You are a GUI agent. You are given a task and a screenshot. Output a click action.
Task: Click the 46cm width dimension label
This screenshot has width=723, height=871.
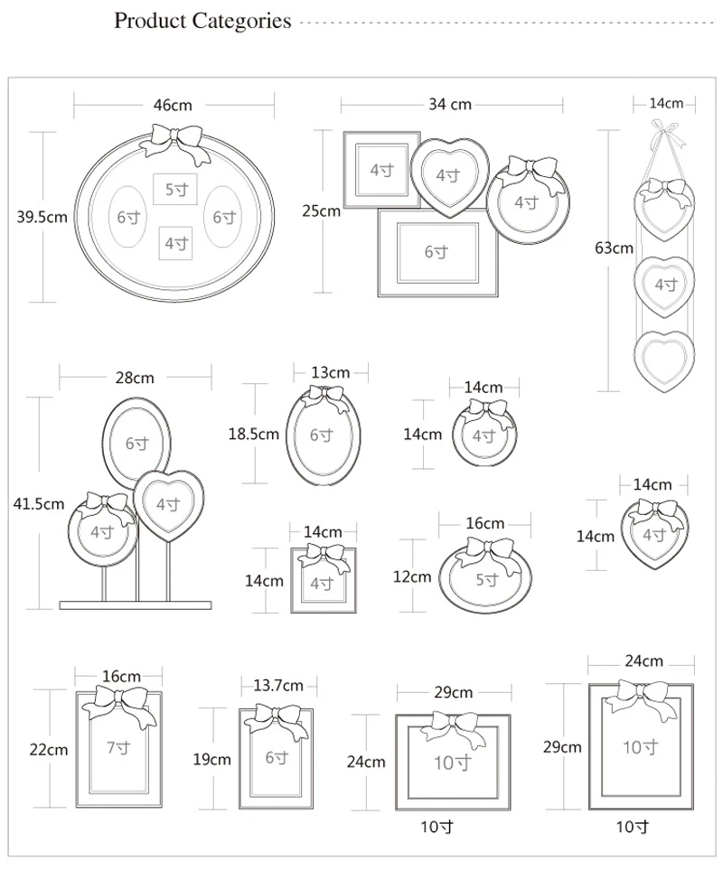click(173, 105)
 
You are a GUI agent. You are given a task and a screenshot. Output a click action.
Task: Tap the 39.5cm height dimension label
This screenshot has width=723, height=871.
click(42, 217)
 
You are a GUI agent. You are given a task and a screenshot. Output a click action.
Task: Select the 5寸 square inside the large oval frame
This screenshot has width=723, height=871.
click(175, 190)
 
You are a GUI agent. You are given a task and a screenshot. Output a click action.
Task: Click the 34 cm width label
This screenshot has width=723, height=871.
click(450, 104)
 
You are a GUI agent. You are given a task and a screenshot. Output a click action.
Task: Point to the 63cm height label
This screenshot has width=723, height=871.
click(614, 248)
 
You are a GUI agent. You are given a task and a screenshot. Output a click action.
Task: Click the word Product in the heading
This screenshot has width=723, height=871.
click(150, 21)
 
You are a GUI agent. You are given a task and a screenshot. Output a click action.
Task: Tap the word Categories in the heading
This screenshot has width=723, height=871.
click(241, 21)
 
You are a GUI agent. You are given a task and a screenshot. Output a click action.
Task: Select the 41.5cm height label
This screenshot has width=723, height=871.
click(39, 504)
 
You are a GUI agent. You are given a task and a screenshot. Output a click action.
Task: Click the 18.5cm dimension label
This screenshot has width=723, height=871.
click(254, 434)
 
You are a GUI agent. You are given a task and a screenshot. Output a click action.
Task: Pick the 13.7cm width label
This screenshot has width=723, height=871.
click(278, 686)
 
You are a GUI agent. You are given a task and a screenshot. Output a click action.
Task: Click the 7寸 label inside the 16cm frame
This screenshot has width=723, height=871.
click(118, 748)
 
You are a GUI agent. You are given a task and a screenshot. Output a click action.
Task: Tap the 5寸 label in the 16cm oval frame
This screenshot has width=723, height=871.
click(487, 580)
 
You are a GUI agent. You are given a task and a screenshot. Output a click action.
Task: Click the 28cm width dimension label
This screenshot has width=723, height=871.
click(135, 378)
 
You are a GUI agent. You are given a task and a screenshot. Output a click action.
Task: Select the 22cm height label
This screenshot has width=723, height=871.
click(49, 750)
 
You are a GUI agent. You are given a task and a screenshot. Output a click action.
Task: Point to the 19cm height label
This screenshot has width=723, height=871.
click(211, 759)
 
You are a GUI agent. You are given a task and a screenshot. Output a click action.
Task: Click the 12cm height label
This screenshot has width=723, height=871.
click(412, 577)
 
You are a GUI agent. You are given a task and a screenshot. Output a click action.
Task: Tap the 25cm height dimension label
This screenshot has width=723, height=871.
click(321, 211)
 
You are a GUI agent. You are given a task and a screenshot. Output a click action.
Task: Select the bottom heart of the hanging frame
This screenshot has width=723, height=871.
click(664, 361)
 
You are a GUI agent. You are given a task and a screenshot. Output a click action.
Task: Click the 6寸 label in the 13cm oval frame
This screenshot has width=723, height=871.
click(322, 435)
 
